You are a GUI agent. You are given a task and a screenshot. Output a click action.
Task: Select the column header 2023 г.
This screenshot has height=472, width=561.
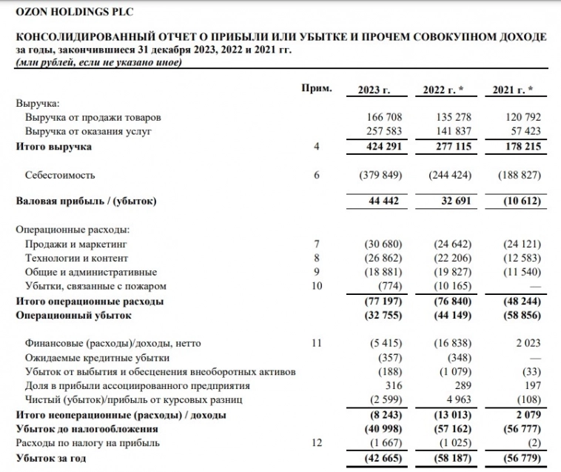point(374,90)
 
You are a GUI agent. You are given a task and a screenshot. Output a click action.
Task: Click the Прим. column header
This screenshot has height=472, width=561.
point(315,89)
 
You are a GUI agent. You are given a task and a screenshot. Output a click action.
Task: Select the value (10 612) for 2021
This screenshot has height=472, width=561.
point(519,202)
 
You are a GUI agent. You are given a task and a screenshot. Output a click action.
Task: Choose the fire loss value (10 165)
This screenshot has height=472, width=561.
point(448,286)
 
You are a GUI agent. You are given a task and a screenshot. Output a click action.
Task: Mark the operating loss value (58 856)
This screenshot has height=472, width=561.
point(519,316)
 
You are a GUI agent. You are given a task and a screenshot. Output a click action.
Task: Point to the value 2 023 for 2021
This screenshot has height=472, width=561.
point(526,343)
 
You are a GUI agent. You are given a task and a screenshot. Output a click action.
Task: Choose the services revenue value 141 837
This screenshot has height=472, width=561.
point(449,132)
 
